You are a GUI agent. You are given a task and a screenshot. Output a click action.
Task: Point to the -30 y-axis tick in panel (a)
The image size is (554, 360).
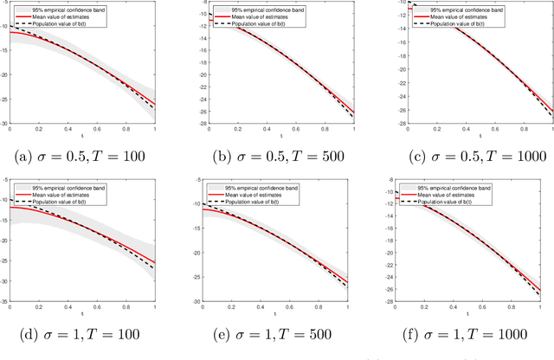coord(4,125)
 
